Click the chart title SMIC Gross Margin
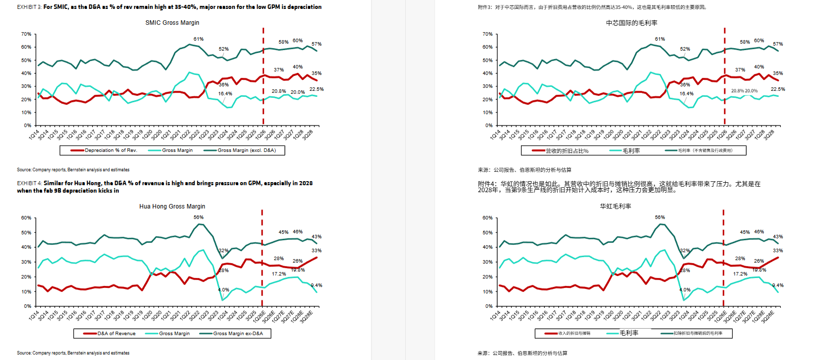pos(172,23)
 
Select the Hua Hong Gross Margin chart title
pos(172,207)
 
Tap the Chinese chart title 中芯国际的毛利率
pos(631,23)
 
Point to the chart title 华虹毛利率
pos(615,206)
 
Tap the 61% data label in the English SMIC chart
pos(198,39)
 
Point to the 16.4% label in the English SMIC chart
pos(225,94)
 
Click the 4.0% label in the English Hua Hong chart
pos(223,290)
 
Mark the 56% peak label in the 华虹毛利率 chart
pos(660,217)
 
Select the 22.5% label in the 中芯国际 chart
pos(778,89)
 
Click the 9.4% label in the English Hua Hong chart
pos(316,286)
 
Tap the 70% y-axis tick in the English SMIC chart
pos(26,34)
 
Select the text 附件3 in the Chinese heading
pos(485,7)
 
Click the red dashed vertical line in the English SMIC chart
pos(263,74)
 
